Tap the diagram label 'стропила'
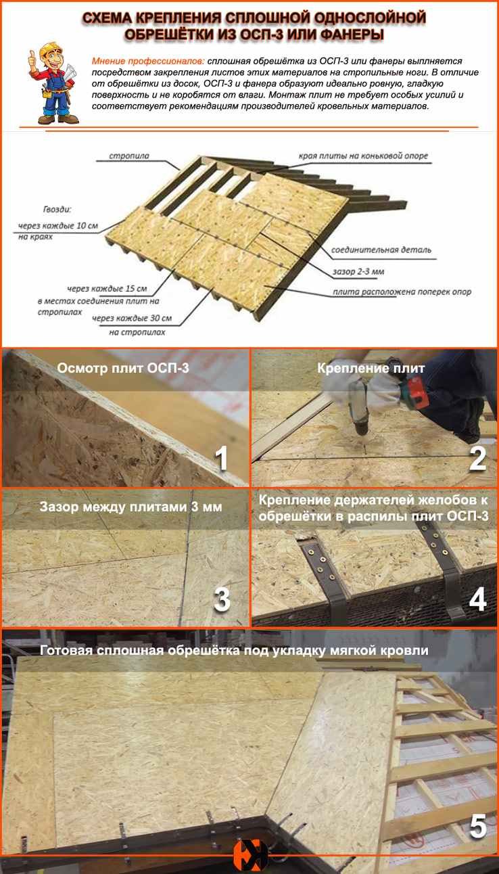[x=129, y=156]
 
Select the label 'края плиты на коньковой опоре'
[x=363, y=156]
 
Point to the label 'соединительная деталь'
[x=381, y=250]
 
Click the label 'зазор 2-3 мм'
[x=358, y=271]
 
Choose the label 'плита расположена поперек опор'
[x=402, y=292]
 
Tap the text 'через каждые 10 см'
[x=58, y=226]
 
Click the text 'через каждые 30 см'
[x=132, y=319]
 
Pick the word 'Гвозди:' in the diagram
[x=57, y=210]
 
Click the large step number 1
[x=221, y=458]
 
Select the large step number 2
[x=477, y=458]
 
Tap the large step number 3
[x=222, y=599]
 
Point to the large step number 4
[x=477, y=599]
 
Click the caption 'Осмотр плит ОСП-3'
[x=123, y=368]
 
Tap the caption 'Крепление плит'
[x=371, y=368]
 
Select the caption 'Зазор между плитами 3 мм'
[x=131, y=507]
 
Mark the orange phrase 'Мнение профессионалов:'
[x=148, y=62]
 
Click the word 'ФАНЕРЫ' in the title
[x=352, y=35]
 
